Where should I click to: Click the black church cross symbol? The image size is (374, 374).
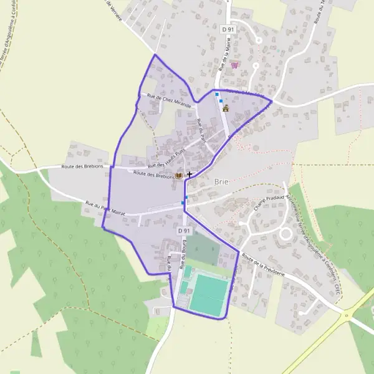tap(189, 175)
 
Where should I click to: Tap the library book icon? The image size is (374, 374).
tap(180, 176)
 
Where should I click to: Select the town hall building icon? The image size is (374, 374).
tap(226, 108)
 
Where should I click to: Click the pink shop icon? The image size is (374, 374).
tap(234, 64)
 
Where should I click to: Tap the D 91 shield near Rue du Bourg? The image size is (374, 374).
tap(183, 231)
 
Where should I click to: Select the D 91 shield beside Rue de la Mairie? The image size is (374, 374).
tap(228, 29)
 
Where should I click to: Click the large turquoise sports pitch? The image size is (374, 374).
tap(209, 295)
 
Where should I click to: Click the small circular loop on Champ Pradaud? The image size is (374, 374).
tap(286, 234)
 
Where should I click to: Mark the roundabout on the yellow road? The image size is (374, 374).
tap(346, 315)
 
